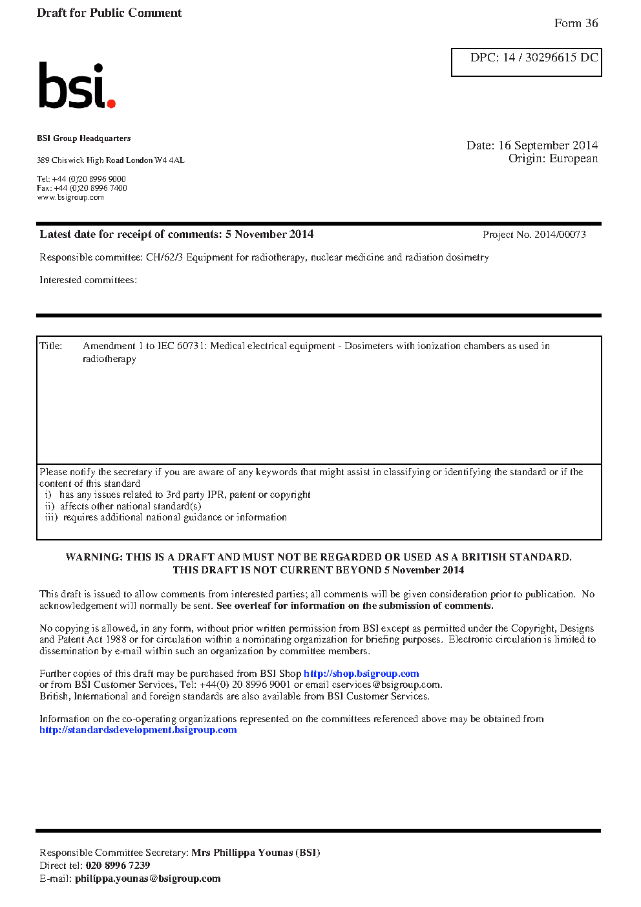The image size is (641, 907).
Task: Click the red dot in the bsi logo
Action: click(x=111, y=103)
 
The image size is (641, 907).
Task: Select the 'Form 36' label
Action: click(x=576, y=23)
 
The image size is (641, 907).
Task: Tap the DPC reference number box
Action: click(x=526, y=62)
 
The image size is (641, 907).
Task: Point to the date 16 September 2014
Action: click(x=547, y=145)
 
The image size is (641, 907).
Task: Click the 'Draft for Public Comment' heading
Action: click(x=109, y=13)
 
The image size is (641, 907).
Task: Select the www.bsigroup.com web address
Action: click(x=70, y=197)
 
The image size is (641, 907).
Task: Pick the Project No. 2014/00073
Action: click(x=534, y=235)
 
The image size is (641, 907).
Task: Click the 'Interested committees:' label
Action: click(x=88, y=280)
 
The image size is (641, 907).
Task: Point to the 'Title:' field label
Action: click(x=51, y=346)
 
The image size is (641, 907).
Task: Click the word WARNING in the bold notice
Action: click(x=93, y=557)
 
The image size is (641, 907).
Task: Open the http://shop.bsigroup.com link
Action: click(x=361, y=674)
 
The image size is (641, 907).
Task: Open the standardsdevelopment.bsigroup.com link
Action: click(x=138, y=730)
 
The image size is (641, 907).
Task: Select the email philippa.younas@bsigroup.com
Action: click(x=147, y=879)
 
